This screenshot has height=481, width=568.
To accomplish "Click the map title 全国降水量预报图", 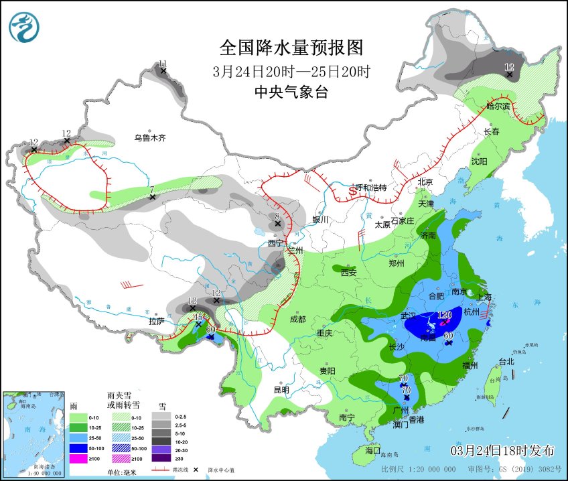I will (291, 48).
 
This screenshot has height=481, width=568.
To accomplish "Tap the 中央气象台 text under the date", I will (291, 93).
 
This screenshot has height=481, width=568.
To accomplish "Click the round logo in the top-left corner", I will (24, 27).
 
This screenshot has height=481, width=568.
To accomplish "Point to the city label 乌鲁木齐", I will (149, 138).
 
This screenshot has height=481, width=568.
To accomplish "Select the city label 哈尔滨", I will (498, 106).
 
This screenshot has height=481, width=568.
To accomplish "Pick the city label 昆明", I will (281, 390).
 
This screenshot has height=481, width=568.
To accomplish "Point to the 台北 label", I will (506, 362).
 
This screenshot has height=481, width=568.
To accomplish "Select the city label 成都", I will (298, 320).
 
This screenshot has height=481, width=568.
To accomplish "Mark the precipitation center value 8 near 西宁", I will (277, 216).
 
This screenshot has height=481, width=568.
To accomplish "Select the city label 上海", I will (484, 297).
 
